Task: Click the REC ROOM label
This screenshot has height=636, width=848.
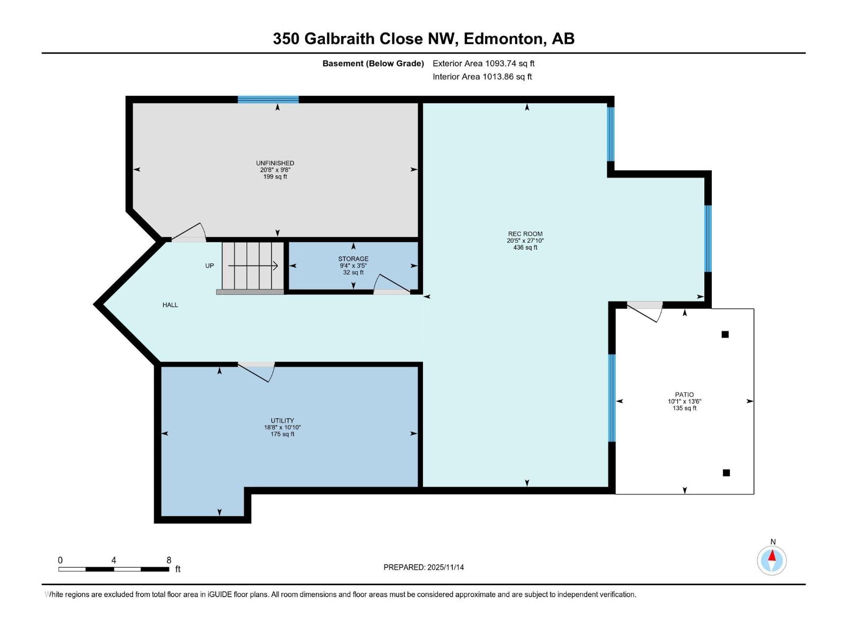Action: [x=525, y=234]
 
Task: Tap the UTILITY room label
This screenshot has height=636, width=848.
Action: [x=282, y=421]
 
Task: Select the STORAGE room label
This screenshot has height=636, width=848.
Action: [x=353, y=259]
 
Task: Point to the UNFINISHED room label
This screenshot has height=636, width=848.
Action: [x=275, y=163]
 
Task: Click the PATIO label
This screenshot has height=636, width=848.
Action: [x=684, y=395]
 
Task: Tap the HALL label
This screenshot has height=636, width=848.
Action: [x=170, y=305]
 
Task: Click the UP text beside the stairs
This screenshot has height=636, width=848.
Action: [x=209, y=266]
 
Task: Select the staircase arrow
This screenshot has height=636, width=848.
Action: [x=253, y=266]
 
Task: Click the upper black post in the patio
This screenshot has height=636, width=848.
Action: [x=725, y=334]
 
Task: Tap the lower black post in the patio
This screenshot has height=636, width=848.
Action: [x=726, y=473]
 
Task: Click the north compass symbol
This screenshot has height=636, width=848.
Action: [x=772, y=560]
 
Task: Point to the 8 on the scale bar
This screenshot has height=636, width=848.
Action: [x=169, y=560]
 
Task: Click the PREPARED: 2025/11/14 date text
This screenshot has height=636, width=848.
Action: [x=423, y=567]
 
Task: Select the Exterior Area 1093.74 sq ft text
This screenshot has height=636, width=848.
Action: [x=483, y=64]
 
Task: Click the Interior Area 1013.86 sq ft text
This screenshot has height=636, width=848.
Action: [x=482, y=77]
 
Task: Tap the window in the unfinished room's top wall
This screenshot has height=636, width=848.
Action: [x=268, y=99]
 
